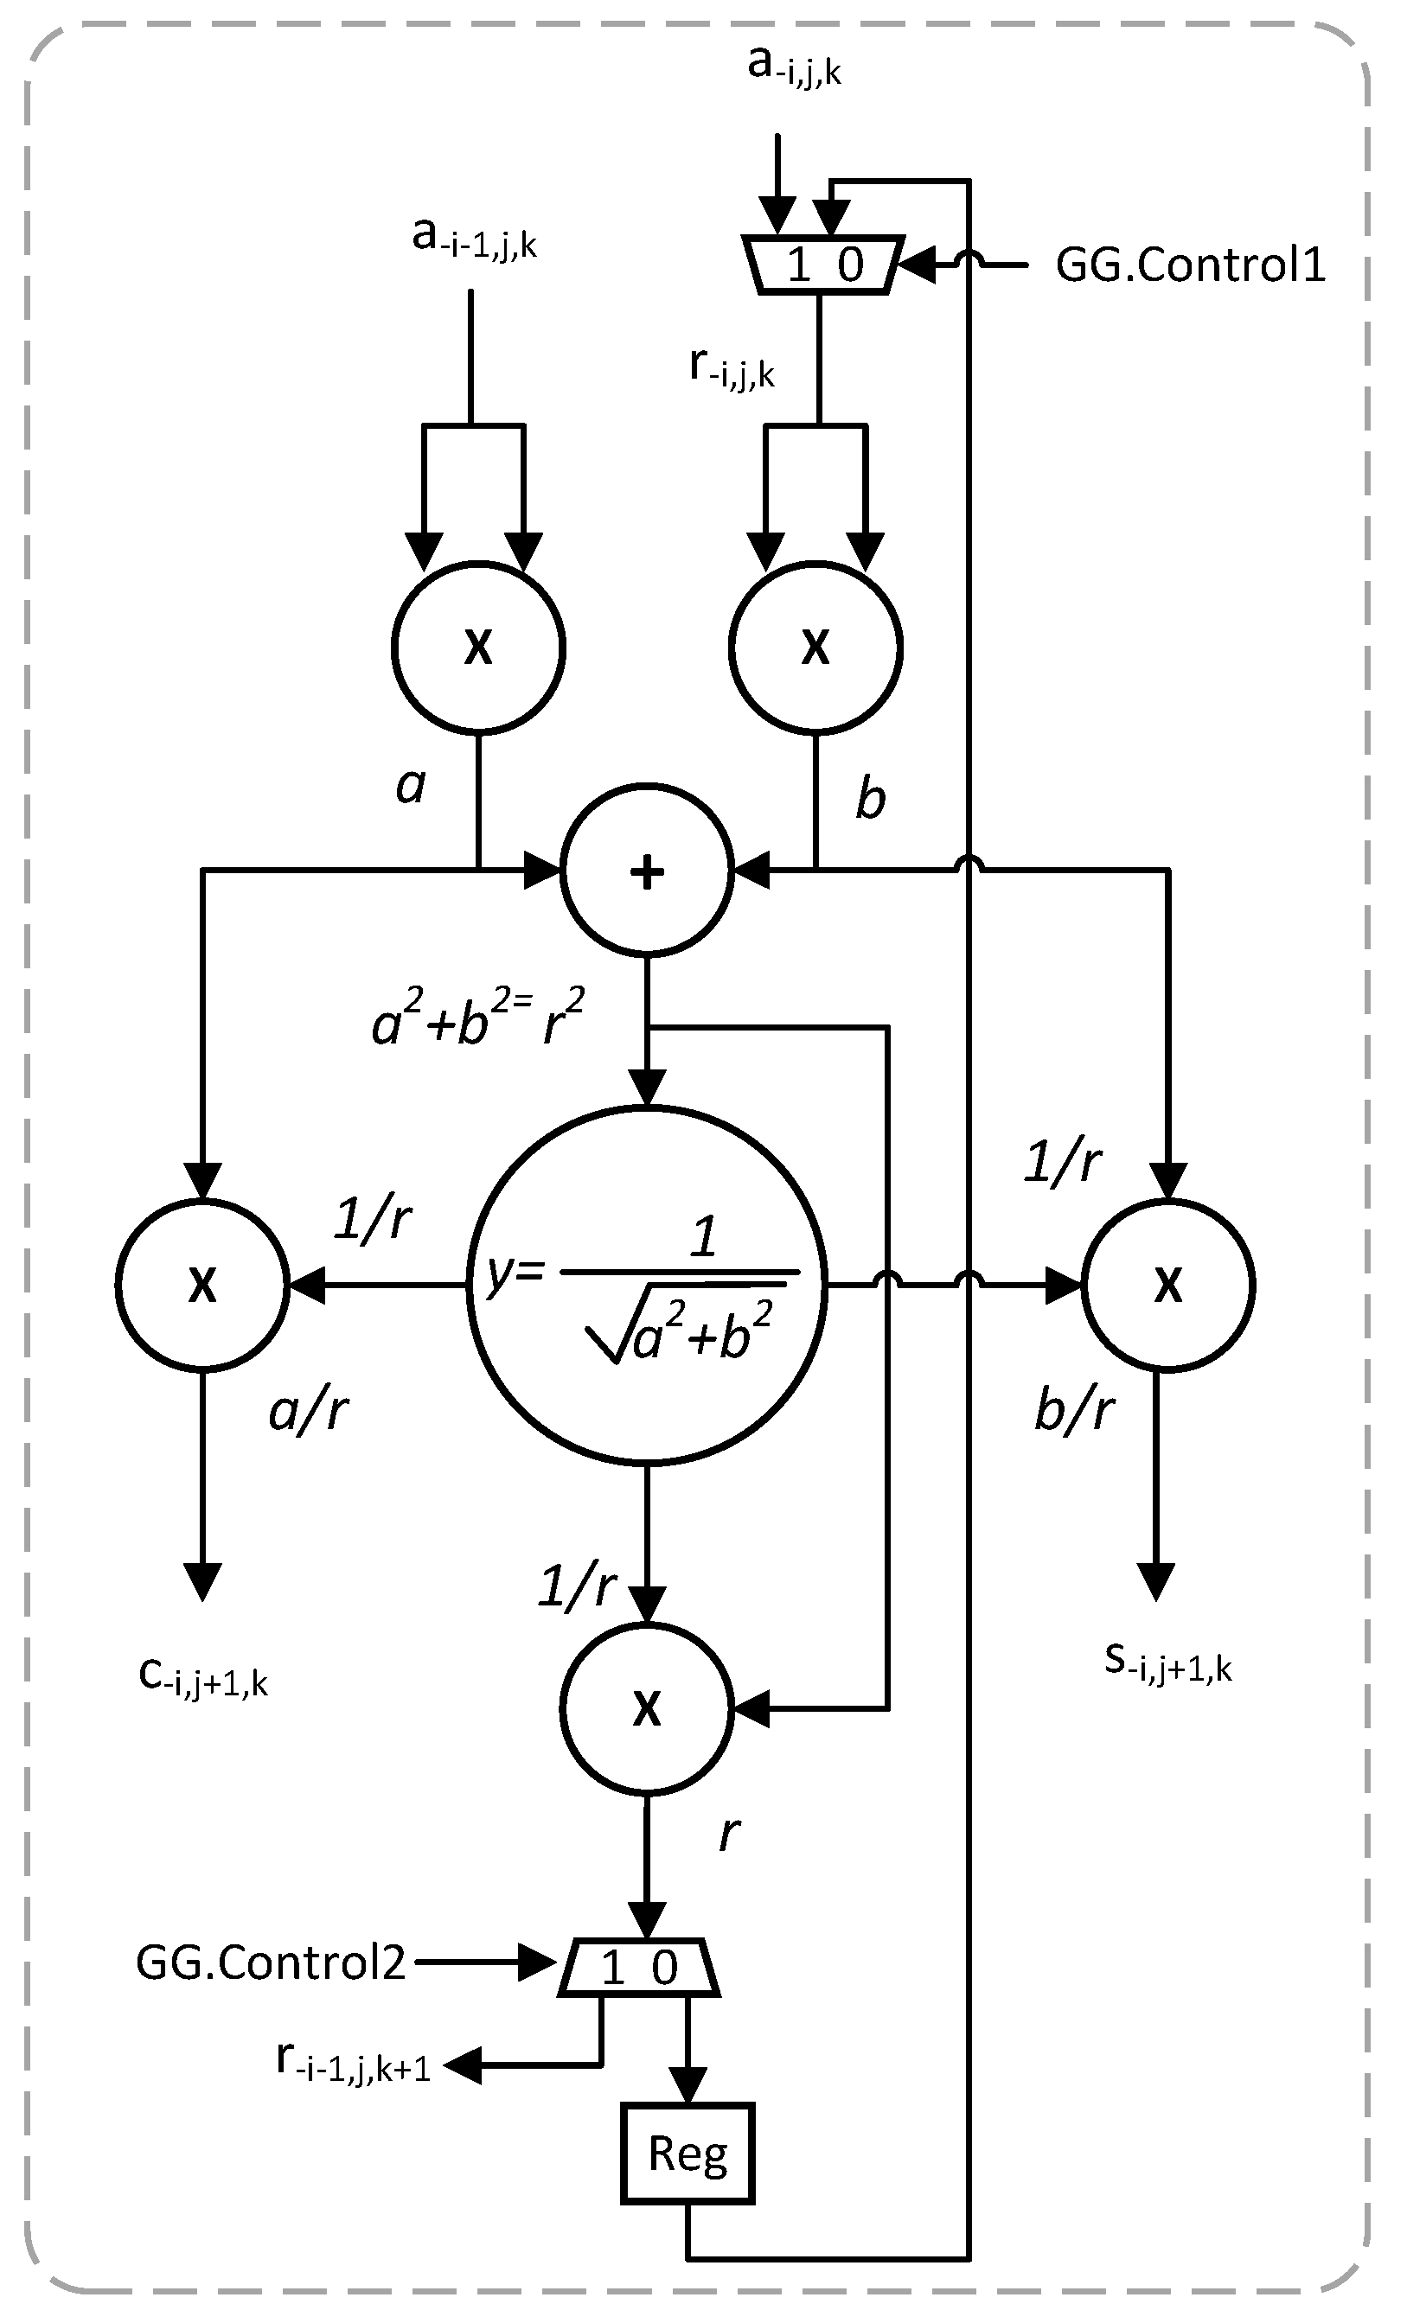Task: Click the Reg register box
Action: (687, 2154)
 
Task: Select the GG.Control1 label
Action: (1190, 265)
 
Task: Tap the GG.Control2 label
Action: (271, 1962)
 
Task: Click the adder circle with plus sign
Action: (646, 871)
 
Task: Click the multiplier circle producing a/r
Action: (201, 1284)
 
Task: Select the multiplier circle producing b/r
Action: (1167, 1284)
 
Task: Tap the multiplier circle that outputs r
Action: (646, 1707)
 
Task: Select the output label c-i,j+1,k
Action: (202, 1678)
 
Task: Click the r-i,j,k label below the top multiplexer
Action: (732, 367)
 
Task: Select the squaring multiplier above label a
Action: (478, 647)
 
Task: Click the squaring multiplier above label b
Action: (815, 647)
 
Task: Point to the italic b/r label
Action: (1074, 1411)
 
